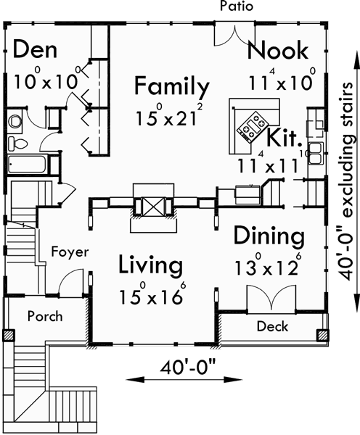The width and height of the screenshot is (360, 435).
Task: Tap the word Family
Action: click(x=172, y=88)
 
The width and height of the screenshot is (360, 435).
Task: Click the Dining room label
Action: click(x=269, y=236)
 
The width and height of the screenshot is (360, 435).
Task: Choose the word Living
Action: click(x=150, y=265)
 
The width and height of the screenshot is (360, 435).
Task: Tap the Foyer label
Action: click(x=70, y=252)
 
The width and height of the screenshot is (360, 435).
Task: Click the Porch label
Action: click(x=45, y=316)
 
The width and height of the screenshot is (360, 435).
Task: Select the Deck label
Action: click(x=273, y=327)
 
